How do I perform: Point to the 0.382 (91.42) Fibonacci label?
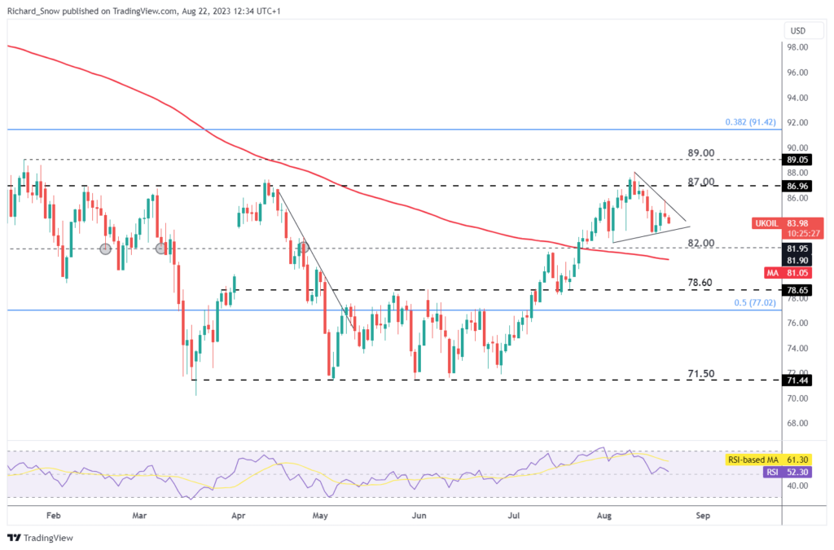[753, 122]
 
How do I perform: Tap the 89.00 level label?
[700, 153]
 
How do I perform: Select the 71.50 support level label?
[700, 373]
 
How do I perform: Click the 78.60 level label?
[700, 282]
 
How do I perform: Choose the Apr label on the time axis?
[238, 516]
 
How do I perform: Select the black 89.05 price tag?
[797, 161]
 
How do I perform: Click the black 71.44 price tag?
[797, 381]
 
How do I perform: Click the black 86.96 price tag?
[797, 187]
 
